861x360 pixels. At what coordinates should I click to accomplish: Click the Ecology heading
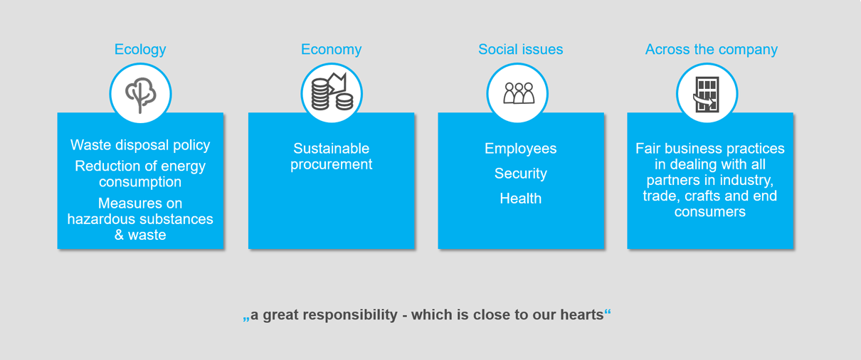[x=140, y=50]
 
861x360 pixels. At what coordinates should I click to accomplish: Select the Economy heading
[x=331, y=50]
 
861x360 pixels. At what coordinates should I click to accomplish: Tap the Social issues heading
[x=520, y=50]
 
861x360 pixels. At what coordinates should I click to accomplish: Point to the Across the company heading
[x=711, y=50]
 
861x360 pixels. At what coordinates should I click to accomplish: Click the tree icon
[x=140, y=95]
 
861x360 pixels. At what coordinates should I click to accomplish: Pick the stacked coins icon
[x=332, y=92]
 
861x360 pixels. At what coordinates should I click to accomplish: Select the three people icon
[x=519, y=93]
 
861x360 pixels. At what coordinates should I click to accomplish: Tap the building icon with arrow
[x=707, y=95]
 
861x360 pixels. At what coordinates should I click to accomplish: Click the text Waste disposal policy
[x=140, y=145]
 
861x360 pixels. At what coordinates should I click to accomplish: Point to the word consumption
[x=140, y=182]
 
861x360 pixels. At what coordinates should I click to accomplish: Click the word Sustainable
[x=331, y=148]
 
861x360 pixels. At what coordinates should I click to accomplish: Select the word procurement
[x=331, y=165]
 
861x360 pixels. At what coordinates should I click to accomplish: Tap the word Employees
[x=520, y=149]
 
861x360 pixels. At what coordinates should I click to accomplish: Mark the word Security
[x=520, y=174]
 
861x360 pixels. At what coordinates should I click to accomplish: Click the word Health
[x=520, y=198]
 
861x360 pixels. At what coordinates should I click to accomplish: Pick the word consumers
[x=710, y=212]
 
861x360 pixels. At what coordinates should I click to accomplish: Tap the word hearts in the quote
[x=581, y=314]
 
